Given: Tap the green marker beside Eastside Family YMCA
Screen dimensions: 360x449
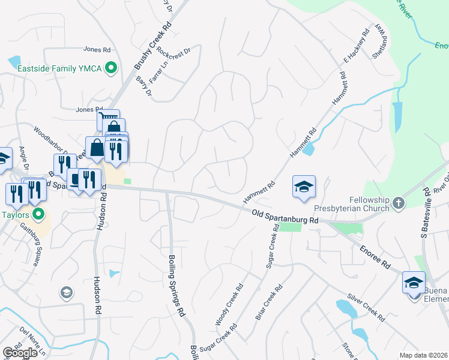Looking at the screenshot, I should click(110, 69).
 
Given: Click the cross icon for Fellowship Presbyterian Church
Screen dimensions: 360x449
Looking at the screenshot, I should click(397, 204).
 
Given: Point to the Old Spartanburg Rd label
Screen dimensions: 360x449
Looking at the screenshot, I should click(285, 217).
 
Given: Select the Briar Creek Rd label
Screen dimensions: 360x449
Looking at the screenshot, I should click(269, 302).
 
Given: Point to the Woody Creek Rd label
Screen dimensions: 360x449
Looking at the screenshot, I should click(229, 304).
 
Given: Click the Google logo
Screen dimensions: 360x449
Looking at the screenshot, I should click(20, 353).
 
